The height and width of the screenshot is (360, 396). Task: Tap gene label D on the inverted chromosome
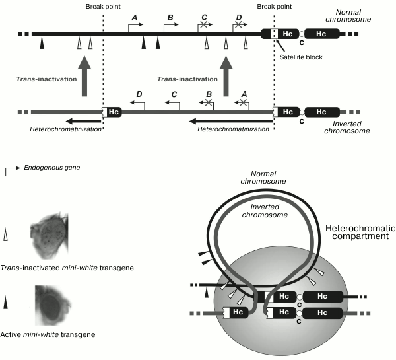pos(139,96)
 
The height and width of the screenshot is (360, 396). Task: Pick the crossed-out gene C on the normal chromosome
pos(205,23)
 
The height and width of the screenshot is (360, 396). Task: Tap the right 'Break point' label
pos(273,7)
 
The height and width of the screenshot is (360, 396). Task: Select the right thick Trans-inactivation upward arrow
pos(227,79)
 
